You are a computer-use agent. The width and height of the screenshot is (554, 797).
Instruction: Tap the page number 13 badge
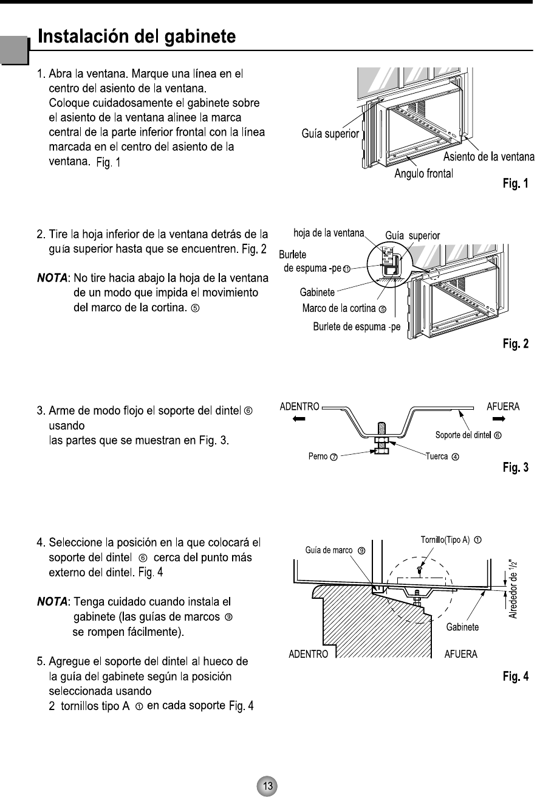coord(267,785)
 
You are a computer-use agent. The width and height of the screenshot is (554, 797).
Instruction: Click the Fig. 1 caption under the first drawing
coord(516,182)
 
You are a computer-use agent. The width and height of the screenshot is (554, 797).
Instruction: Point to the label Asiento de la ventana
coord(489,157)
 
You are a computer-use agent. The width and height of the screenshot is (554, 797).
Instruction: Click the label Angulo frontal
coord(424,174)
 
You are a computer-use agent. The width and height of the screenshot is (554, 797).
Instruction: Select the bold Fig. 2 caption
coord(516,344)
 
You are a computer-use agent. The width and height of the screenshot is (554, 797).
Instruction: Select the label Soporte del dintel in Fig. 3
coord(466,435)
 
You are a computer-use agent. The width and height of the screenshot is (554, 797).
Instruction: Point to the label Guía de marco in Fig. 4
coord(333,550)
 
